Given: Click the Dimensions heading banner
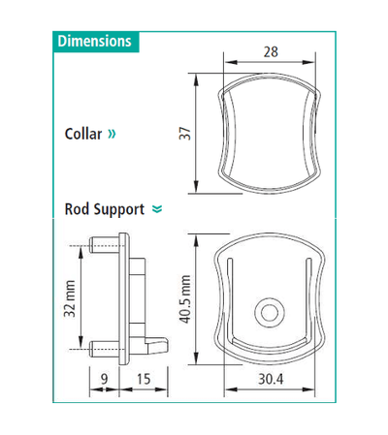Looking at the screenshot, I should pyautogui.click(x=94, y=42).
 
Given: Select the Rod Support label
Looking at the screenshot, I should pyautogui.click(x=104, y=208).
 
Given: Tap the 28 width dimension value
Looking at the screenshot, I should pyautogui.click(x=272, y=52).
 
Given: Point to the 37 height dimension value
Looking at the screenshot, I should pyautogui.click(x=183, y=132).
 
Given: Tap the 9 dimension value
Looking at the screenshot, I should pyautogui.click(x=104, y=379).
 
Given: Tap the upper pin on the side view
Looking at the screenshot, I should pyautogui.click(x=102, y=247).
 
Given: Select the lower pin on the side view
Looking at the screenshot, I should pyautogui.click(x=102, y=345).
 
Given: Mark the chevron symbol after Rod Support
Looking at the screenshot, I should pyautogui.click(x=156, y=209).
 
